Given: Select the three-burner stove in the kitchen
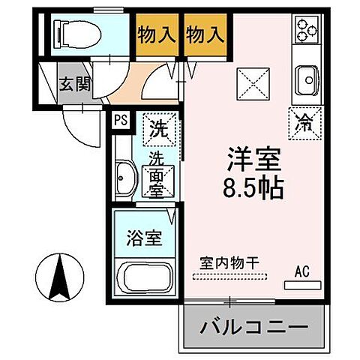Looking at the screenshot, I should (307, 30).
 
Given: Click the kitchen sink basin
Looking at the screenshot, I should (307, 77).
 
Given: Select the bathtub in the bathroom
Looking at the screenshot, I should (145, 280).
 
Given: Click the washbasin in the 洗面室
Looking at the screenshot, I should (124, 179).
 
